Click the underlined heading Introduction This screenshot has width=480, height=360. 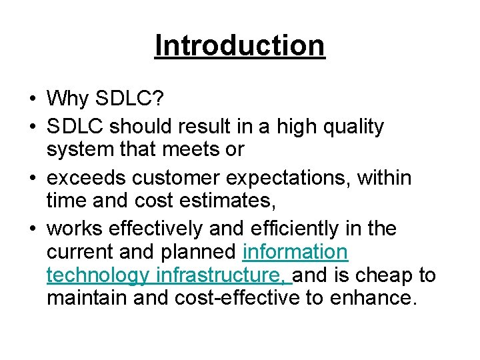(x=239, y=45)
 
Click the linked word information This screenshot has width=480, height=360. (x=295, y=252)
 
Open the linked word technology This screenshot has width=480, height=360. (x=97, y=275)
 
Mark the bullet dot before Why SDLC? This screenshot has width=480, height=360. (x=32, y=100)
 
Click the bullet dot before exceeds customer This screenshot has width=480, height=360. (x=32, y=178)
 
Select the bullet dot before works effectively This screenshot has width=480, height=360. (x=32, y=229)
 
